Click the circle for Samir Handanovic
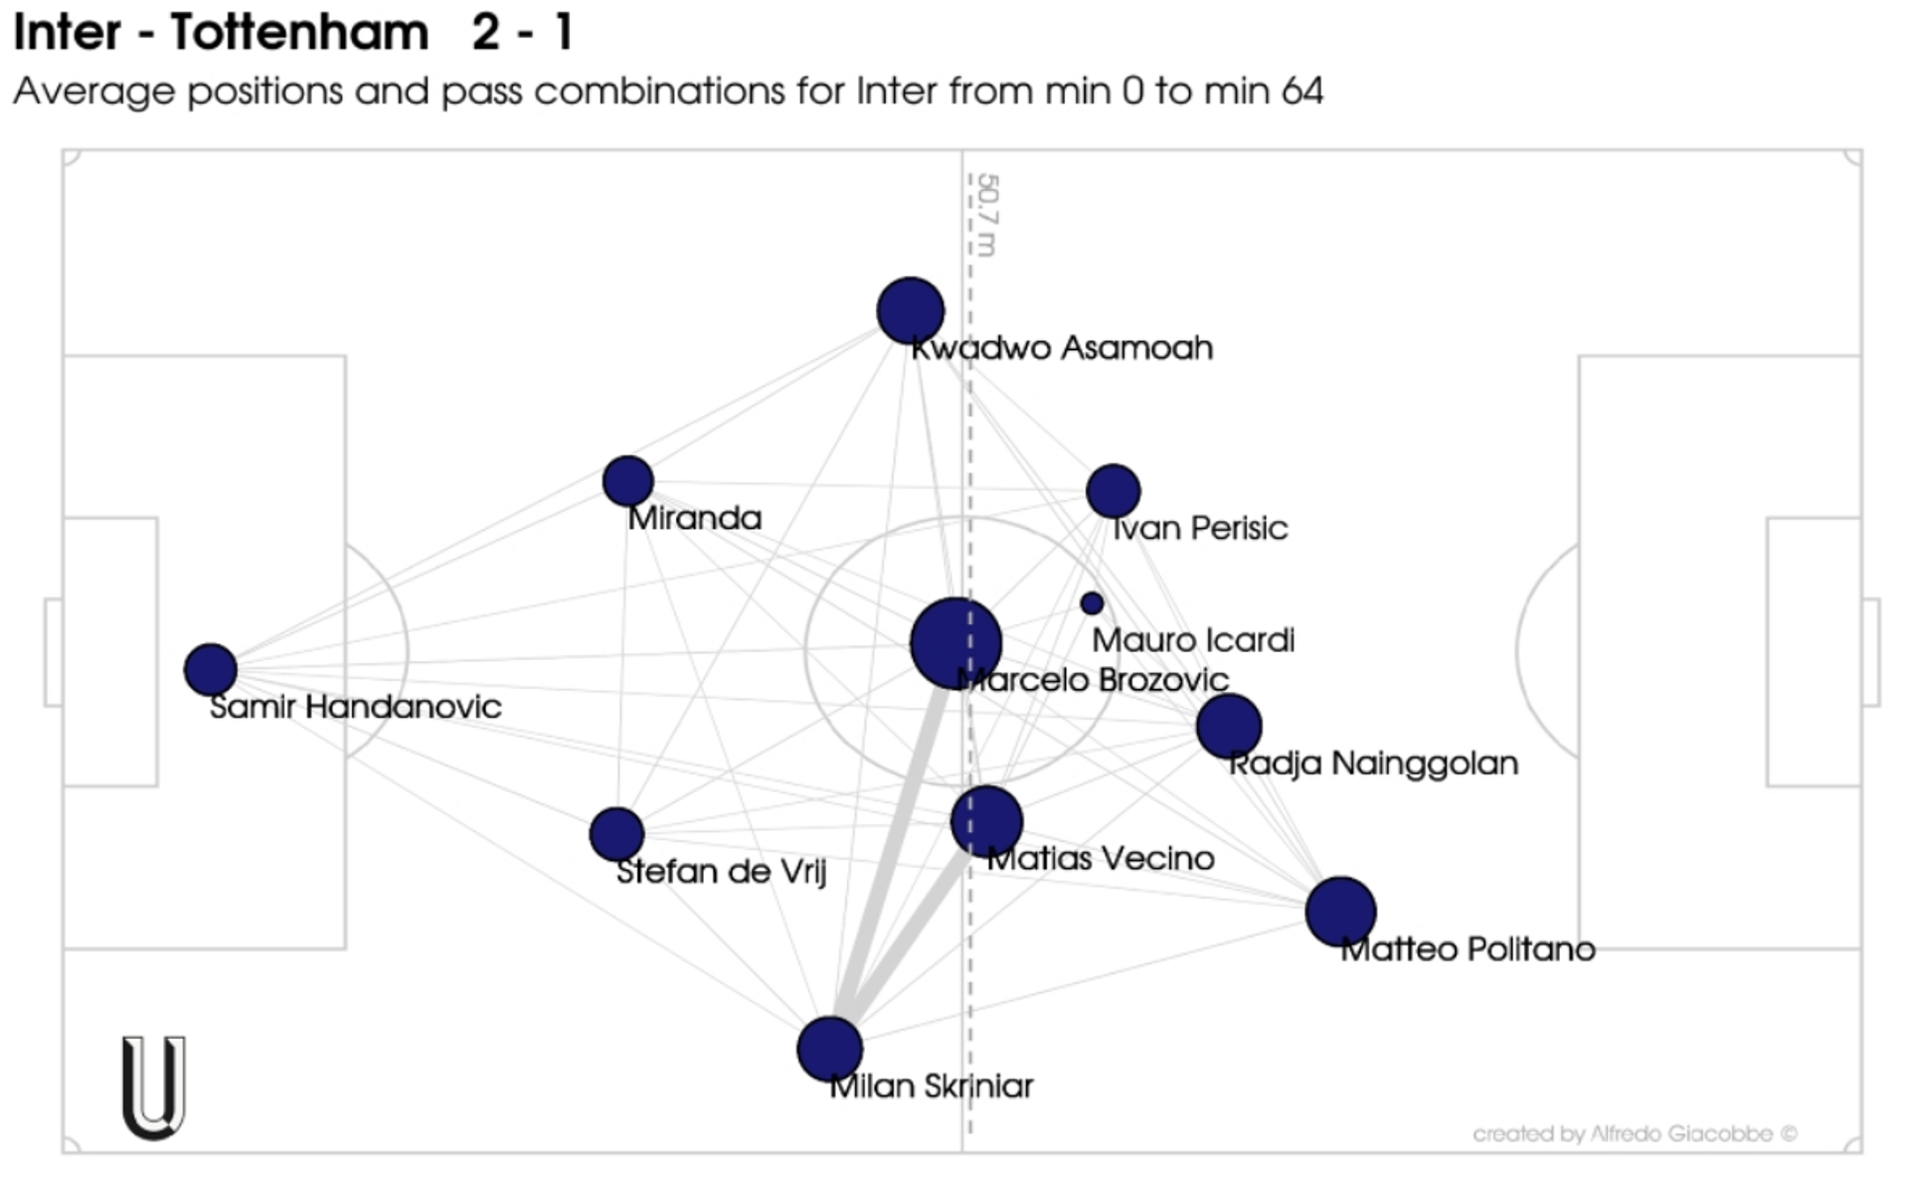coord(210,669)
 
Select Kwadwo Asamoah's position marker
coord(910,311)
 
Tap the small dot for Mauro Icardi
coord(1092,603)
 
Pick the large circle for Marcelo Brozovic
coord(955,643)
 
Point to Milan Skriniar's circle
coord(829,1049)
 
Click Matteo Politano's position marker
coord(1340,912)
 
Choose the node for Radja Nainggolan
coord(1229,726)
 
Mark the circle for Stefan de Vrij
coord(616,834)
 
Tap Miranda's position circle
coord(627,481)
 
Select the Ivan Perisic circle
coord(1113,490)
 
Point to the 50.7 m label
coord(987,215)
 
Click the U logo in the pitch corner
coord(153,1088)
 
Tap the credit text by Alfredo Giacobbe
coord(1635,1134)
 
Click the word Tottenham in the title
coord(299,33)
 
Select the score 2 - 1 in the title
coord(523,33)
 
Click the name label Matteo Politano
coord(1468,949)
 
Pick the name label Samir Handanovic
coord(356,707)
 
